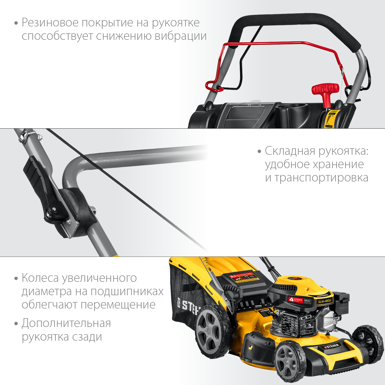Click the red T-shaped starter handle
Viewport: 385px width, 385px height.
[325, 90]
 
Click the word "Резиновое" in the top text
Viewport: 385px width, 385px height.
[50, 23]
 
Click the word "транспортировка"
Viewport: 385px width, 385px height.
[321, 178]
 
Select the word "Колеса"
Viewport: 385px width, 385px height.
[40, 278]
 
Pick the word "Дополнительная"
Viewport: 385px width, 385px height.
[66, 323]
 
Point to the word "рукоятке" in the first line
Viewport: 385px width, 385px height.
[176, 23]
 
